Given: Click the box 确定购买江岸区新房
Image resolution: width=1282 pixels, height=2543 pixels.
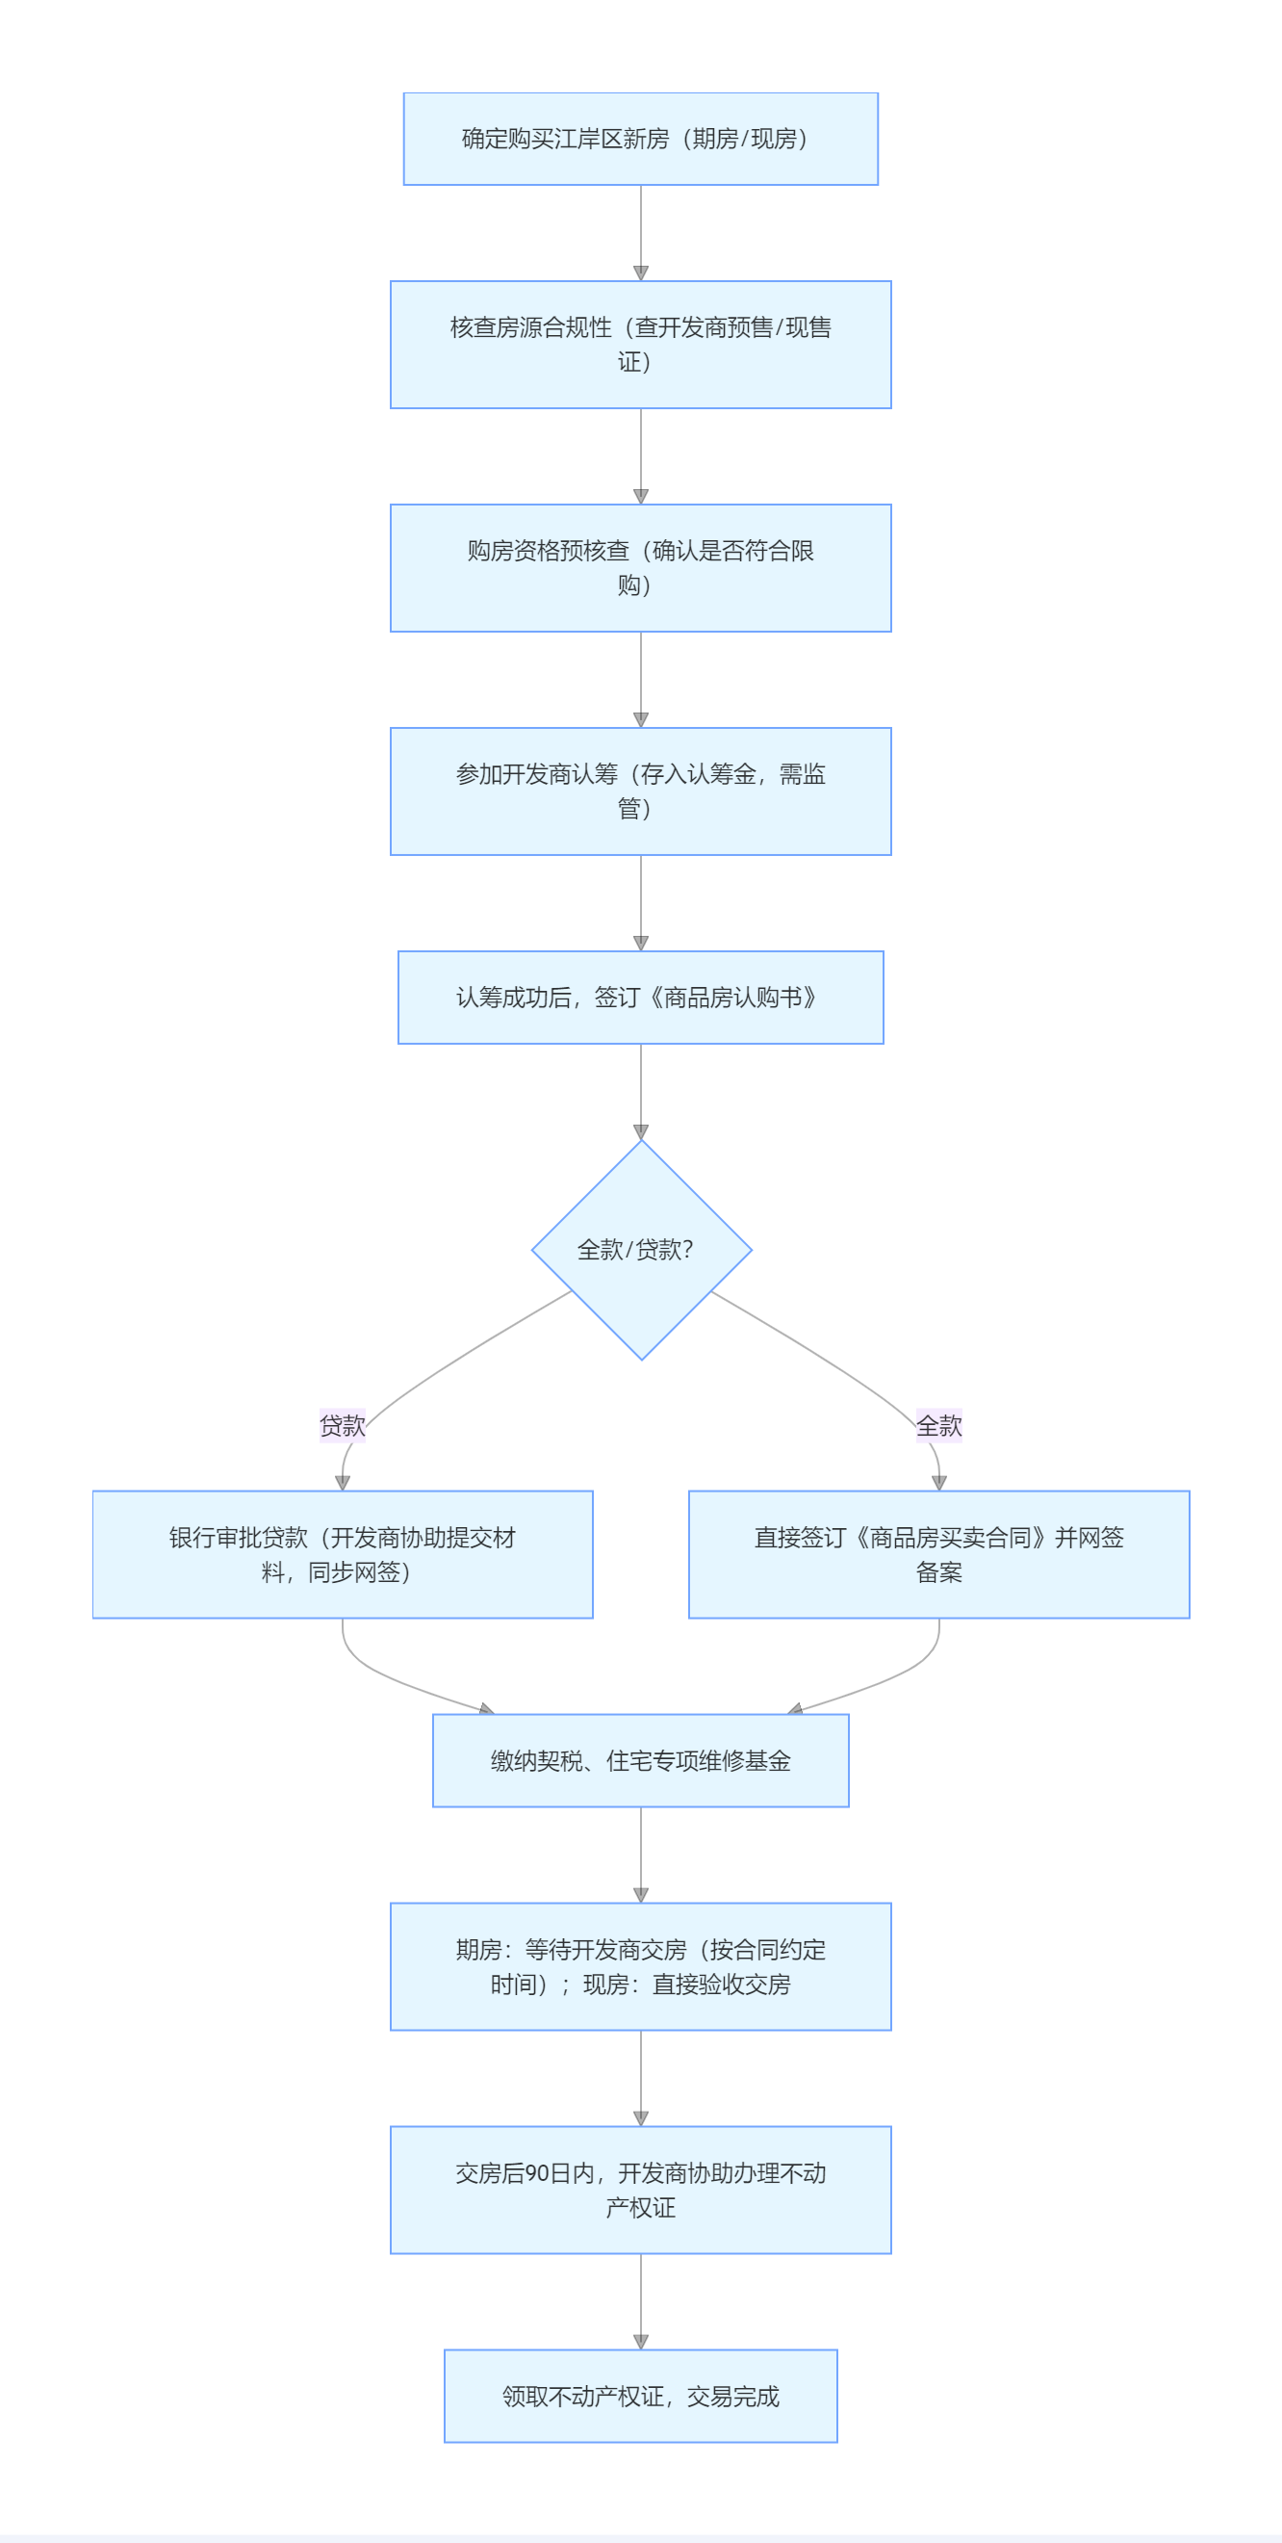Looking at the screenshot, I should point(640,140).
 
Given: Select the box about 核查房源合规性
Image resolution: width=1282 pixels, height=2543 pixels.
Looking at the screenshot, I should point(640,345).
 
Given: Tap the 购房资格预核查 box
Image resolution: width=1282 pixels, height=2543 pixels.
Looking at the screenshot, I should point(640,568).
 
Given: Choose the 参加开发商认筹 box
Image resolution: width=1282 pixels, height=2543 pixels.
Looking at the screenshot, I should point(640,791).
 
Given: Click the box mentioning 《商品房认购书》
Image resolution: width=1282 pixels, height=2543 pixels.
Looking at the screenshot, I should point(640,997).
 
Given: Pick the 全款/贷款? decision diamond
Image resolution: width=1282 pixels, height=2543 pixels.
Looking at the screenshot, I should point(640,1250).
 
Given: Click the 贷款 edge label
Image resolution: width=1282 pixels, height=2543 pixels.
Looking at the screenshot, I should point(343,1425).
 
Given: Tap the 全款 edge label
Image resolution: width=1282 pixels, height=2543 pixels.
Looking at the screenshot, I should point(938,1425).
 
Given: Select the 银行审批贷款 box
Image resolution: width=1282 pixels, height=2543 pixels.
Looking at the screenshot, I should point(343,1554).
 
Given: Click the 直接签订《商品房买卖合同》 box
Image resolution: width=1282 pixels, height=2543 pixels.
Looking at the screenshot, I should point(938,1554).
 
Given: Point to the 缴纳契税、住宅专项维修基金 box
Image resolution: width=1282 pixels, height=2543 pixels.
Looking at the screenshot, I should point(640,1760).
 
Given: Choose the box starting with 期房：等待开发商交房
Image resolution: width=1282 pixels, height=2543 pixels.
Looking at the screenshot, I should point(640,1966).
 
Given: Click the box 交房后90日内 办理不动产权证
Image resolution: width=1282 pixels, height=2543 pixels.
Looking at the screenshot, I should point(640,2190).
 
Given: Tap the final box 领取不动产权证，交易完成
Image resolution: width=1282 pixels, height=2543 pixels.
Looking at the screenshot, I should point(640,2396).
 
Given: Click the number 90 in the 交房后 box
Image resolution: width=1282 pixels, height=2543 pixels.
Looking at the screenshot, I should point(537,2173).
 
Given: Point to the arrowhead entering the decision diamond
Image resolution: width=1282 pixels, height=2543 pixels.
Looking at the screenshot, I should point(640,1132).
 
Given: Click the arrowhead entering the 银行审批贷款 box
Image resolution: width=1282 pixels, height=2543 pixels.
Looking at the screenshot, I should point(343,1483).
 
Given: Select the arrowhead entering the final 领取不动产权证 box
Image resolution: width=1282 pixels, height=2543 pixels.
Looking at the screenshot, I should point(640,2342).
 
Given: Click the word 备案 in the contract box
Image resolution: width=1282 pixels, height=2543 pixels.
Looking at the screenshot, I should point(938,1571).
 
